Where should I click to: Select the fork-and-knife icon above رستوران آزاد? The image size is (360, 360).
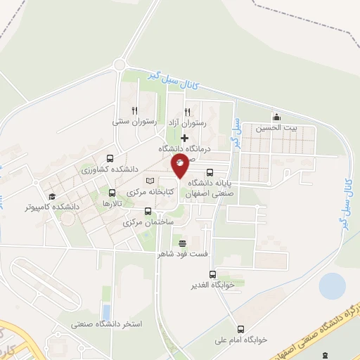pos(188,110)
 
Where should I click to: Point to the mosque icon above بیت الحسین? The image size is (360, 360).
pos(277,117)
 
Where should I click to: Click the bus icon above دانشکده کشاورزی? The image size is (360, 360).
pos(109,159)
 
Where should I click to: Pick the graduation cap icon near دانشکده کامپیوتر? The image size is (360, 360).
pos(51,196)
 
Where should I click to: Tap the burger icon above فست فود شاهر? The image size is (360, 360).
pos(183,243)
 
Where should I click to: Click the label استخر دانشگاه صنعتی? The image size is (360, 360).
pos(107,324)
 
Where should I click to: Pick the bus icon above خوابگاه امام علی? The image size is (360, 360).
pos(241,328)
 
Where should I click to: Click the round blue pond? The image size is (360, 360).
pos(332,286)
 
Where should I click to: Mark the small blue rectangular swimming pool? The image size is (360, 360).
pos(106,311)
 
